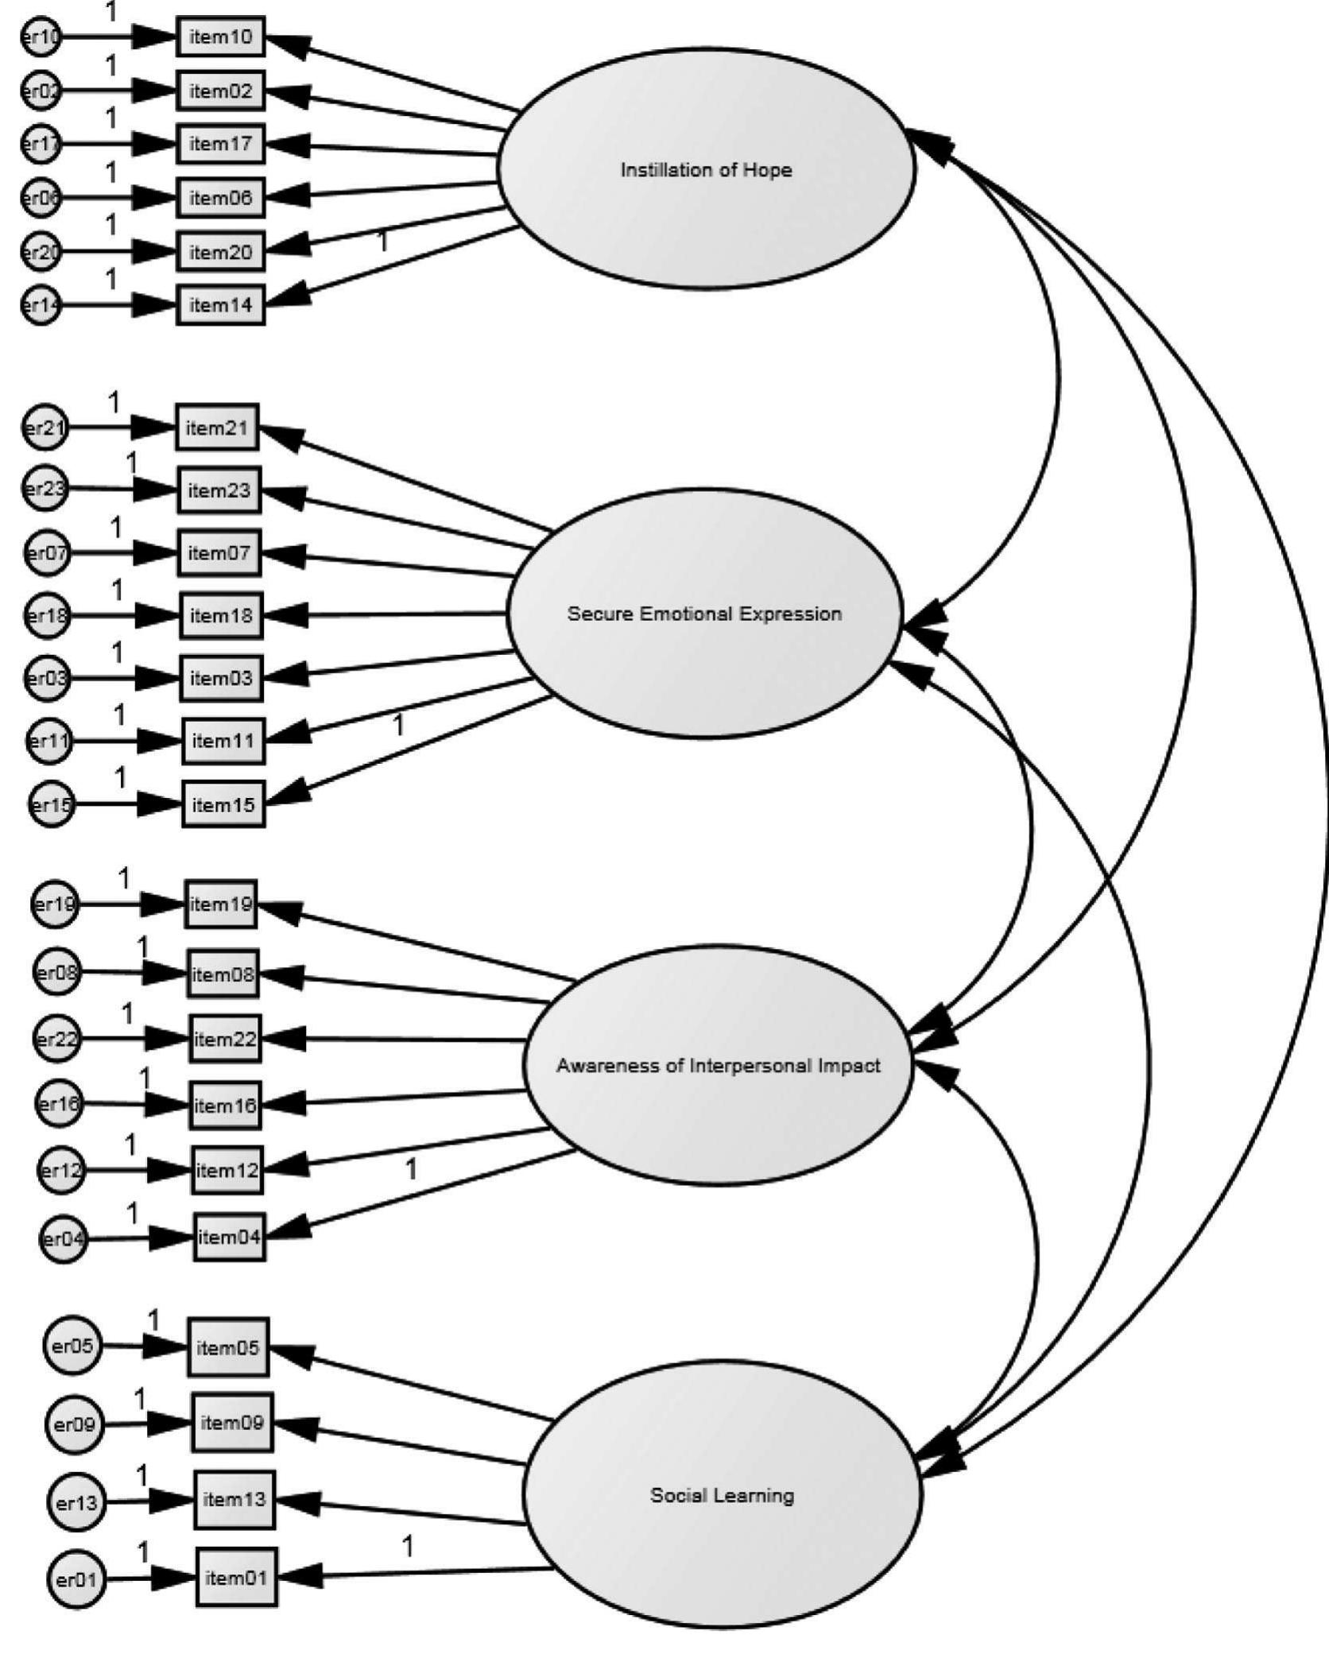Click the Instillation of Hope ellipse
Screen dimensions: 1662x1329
click(x=706, y=169)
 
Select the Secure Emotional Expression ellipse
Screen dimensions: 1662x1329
click(x=704, y=613)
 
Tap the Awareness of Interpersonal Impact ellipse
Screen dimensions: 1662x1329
click(x=718, y=1065)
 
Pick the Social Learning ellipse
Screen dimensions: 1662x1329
click(x=722, y=1495)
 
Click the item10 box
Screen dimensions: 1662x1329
click(x=220, y=37)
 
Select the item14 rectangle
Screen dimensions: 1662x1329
click(x=220, y=305)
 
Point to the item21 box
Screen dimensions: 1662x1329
click(x=217, y=428)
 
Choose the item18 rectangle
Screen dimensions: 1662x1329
click(x=221, y=615)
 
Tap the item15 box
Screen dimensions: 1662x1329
click(x=223, y=804)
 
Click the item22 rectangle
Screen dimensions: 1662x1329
click(x=225, y=1039)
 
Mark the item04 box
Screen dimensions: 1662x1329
click(x=229, y=1237)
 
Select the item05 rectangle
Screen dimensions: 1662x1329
click(x=228, y=1348)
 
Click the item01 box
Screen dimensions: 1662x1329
click(x=236, y=1577)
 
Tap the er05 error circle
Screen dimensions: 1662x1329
click(x=72, y=1346)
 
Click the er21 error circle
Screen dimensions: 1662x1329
click(x=45, y=428)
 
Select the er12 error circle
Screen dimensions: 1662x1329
click(x=60, y=1170)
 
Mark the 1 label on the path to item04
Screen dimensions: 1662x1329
click(x=411, y=1169)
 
